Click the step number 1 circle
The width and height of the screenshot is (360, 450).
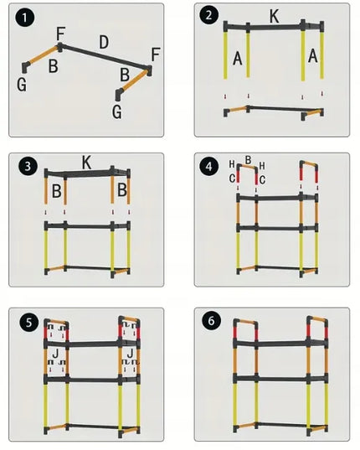point(24,18)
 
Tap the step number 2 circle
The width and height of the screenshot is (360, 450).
point(208,15)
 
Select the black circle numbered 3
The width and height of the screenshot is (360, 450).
point(28,166)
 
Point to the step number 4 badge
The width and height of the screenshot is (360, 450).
point(209,167)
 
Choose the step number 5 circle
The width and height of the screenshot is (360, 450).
point(29,323)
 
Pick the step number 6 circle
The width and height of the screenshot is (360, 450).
point(211,321)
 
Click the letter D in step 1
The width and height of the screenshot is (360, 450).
point(104,42)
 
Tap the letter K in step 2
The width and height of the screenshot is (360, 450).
point(275,17)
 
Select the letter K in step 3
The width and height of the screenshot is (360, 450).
point(86,163)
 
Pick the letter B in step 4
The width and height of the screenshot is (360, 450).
point(248,160)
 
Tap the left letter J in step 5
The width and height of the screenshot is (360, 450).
point(55,354)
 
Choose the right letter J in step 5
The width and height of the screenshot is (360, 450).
point(130,354)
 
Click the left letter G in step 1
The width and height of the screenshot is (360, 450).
point(22,85)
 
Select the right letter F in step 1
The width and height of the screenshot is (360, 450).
point(156,54)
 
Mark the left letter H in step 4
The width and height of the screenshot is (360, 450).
point(232,164)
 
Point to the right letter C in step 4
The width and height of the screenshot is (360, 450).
point(262,179)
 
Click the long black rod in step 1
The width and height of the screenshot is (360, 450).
point(104,57)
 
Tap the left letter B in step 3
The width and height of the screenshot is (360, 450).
point(57,191)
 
